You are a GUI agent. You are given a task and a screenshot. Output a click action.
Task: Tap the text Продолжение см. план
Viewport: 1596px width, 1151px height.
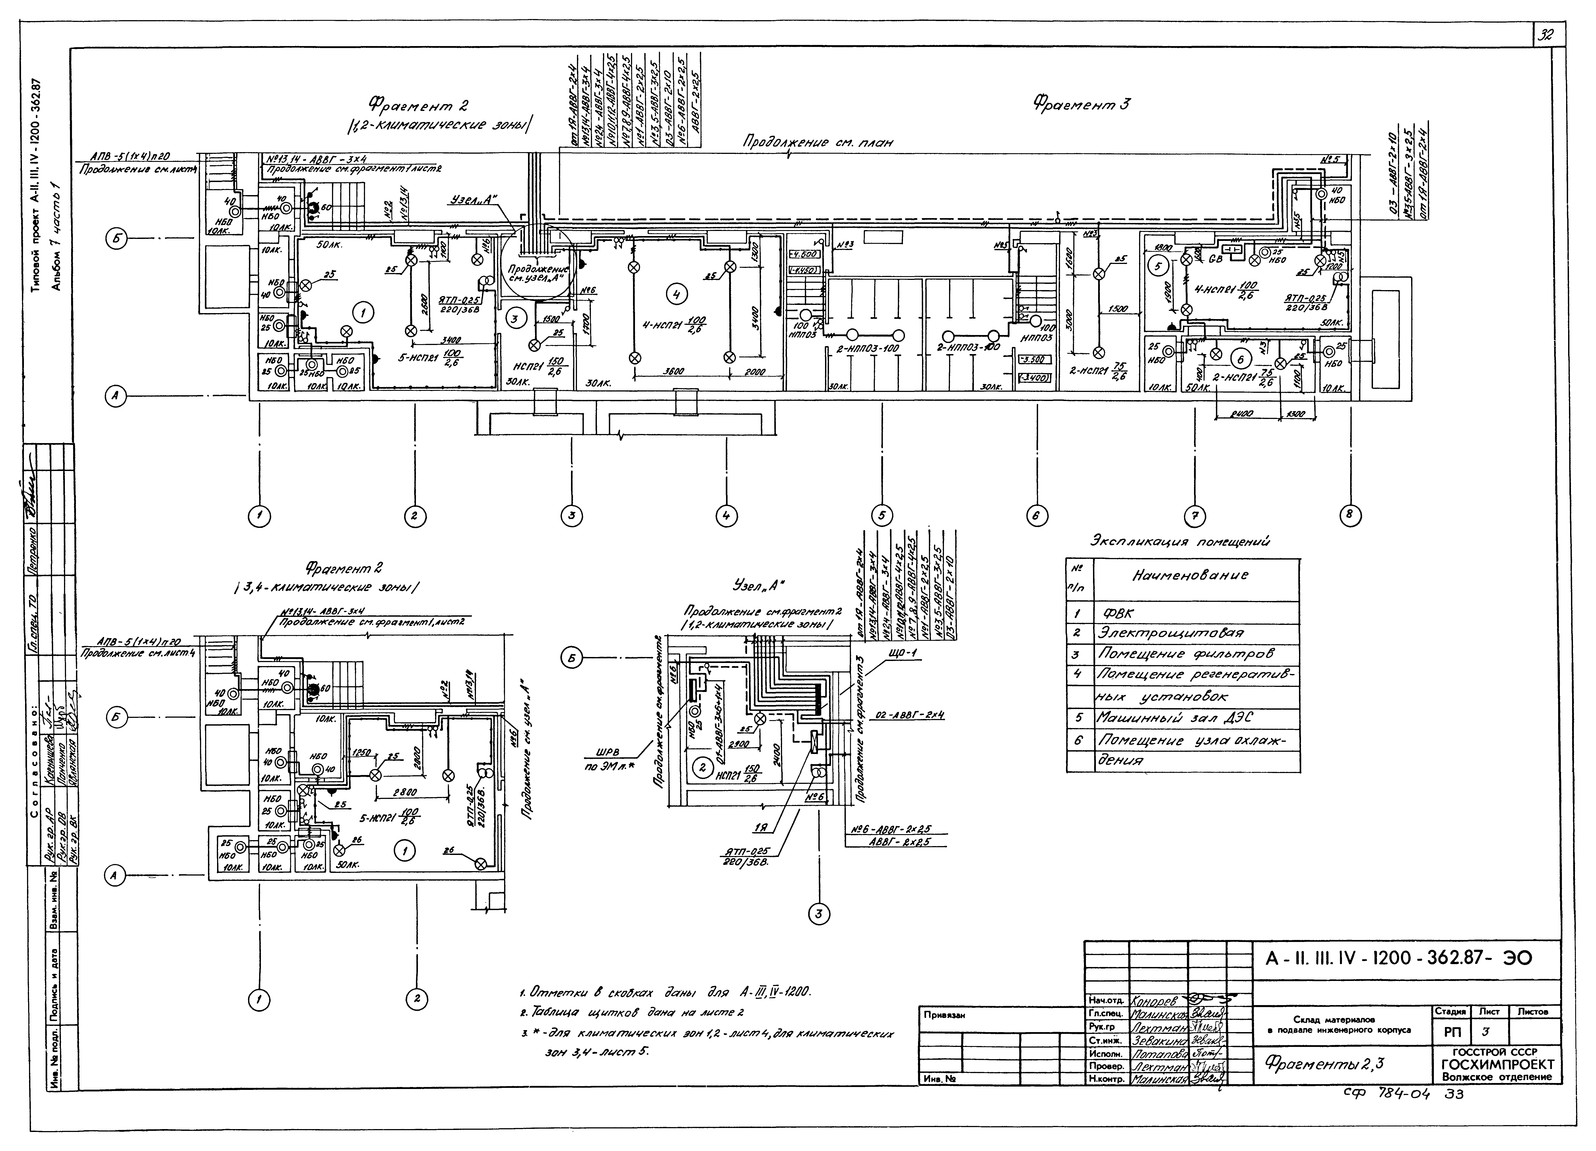818,143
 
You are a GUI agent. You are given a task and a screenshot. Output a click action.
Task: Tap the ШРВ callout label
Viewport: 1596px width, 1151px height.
609,752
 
